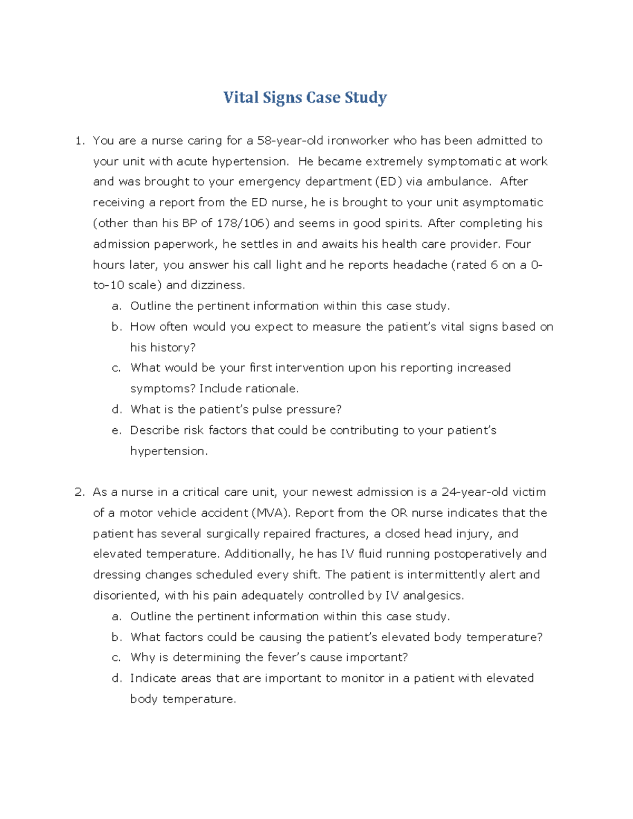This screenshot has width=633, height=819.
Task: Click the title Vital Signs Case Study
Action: [305, 98]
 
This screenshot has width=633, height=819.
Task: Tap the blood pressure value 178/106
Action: [243, 224]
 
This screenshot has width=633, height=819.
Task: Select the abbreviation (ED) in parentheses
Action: [388, 182]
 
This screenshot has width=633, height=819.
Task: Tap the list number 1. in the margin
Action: [80, 141]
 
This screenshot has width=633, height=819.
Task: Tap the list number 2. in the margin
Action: [80, 492]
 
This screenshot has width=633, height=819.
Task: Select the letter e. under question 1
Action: [117, 430]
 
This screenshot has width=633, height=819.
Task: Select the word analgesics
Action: [433, 596]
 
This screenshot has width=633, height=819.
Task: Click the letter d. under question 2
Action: [117, 678]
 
